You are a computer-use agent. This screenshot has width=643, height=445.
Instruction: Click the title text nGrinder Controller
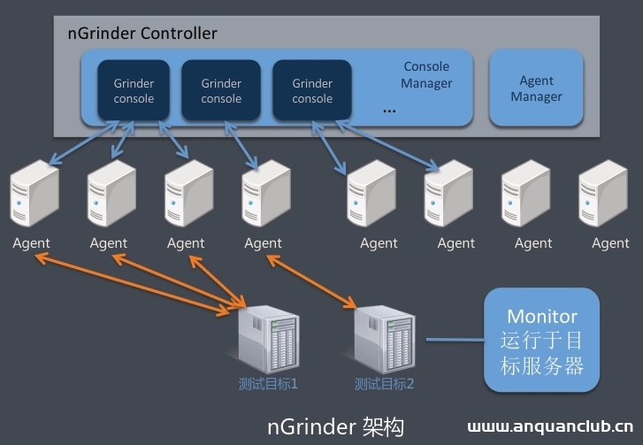pyautogui.click(x=142, y=34)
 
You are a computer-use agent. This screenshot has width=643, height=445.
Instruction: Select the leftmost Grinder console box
pyautogui.click(x=134, y=91)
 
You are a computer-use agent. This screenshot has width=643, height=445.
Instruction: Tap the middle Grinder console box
pyautogui.click(x=221, y=91)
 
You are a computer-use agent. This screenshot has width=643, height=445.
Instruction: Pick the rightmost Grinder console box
pyautogui.click(x=312, y=91)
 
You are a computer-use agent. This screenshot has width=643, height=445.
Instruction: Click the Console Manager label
pyautogui.click(x=426, y=75)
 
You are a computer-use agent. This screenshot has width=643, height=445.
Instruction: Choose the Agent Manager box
pyautogui.click(x=536, y=88)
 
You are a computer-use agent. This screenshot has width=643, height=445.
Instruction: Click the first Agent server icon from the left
pyautogui.click(x=34, y=197)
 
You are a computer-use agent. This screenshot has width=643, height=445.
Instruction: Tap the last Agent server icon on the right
pyautogui.click(x=603, y=197)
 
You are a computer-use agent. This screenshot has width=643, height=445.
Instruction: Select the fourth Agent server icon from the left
pyautogui.click(x=264, y=197)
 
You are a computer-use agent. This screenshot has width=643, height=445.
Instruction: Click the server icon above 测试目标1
pyautogui.click(x=268, y=338)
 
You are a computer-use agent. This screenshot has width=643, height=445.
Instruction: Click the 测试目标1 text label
pyautogui.click(x=268, y=384)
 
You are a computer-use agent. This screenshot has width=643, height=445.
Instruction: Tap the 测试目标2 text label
pyautogui.click(x=384, y=384)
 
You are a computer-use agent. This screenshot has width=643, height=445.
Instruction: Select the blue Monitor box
pyautogui.click(x=542, y=340)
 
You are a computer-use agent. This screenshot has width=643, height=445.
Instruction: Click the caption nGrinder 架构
pyautogui.click(x=335, y=426)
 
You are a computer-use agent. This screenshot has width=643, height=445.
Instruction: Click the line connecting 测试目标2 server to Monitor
pyautogui.click(x=454, y=339)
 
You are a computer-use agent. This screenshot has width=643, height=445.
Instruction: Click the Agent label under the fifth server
pyautogui.click(x=379, y=243)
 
